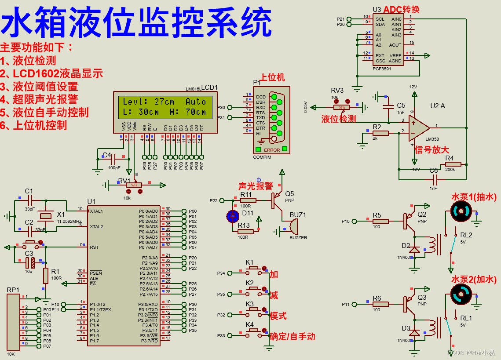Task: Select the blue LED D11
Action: [233, 216]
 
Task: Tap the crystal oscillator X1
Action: [46, 216]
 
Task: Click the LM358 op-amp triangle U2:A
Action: [418, 126]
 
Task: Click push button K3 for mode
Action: [253, 310]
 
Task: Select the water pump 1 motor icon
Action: [461, 212]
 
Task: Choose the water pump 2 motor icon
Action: [461, 294]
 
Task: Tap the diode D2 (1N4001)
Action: [414, 249]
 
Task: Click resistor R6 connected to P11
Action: [381, 304]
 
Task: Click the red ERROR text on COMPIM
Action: [272, 150]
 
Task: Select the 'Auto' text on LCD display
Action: [195, 102]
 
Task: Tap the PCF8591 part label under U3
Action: [381, 69]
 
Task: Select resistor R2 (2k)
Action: [381, 133]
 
